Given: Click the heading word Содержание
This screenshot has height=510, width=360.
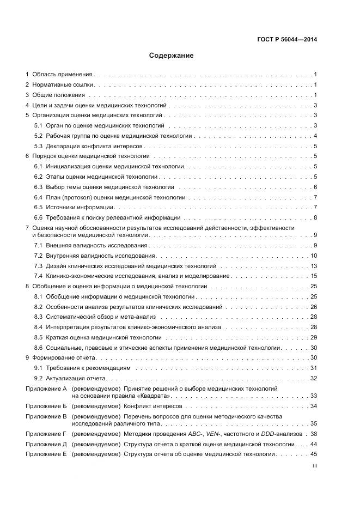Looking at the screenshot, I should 172,56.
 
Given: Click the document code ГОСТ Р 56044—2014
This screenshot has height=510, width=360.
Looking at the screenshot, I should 288,39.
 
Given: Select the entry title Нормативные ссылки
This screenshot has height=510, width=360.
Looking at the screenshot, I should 63,84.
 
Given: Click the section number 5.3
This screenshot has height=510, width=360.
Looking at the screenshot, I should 38,146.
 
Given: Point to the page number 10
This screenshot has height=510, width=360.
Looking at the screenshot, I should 314,256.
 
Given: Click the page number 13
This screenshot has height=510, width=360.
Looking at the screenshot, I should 314,266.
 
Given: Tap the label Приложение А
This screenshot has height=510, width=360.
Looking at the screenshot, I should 46,388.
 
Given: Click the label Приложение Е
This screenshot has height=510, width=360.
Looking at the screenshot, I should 46,454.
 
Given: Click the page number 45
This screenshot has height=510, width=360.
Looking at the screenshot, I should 314,454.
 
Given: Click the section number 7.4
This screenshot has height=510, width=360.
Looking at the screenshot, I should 38,276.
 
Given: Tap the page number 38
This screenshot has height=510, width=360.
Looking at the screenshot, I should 314,434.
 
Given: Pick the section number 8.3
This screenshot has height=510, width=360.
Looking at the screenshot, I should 38,317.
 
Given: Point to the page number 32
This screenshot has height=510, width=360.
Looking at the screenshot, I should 314,378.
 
